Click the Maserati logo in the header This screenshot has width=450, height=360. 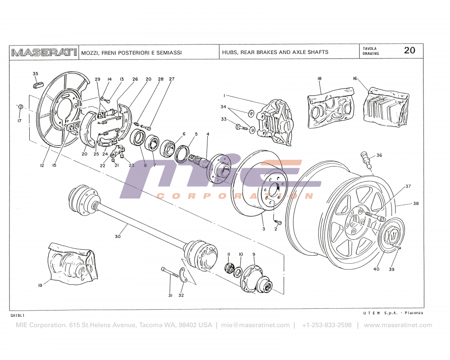[44, 52]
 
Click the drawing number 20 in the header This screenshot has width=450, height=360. [409, 50]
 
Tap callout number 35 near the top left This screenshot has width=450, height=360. [36, 73]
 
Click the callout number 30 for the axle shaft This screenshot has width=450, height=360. [118, 237]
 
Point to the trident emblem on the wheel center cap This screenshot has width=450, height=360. [393, 235]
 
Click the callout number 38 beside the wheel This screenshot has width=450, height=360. [415, 203]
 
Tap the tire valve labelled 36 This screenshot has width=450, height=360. [366, 159]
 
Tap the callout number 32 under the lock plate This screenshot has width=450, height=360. [181, 296]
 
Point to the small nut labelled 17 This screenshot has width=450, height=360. [20, 107]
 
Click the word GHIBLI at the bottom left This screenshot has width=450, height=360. [17, 316]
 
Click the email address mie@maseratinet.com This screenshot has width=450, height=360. [256, 325]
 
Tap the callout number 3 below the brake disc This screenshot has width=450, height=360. [264, 229]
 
